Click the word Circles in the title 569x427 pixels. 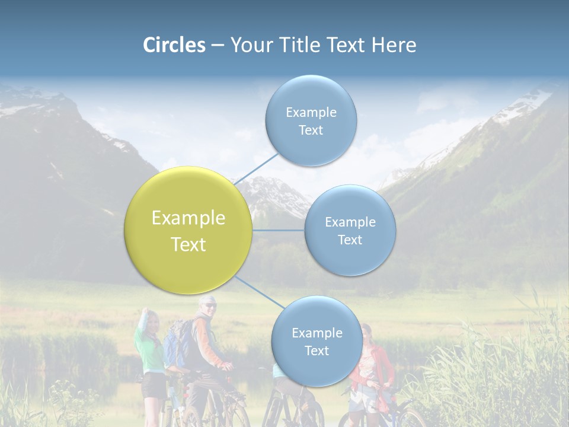coord(174,45)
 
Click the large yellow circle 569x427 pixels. coord(188,230)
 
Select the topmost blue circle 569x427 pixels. coord(311,120)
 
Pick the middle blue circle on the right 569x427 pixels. coord(350,230)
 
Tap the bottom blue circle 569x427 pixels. coord(317,341)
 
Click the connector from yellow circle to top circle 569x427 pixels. coord(256,168)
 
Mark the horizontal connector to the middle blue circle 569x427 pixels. coord(278,230)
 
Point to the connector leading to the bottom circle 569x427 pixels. coord(259,292)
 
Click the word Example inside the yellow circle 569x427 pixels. coord(188,218)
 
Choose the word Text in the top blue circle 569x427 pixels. coord(311,130)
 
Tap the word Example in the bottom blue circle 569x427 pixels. coord(317,333)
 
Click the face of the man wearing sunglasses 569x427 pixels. coord(208,307)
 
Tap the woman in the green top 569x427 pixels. coord(151,350)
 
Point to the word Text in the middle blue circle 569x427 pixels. coord(350,240)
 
